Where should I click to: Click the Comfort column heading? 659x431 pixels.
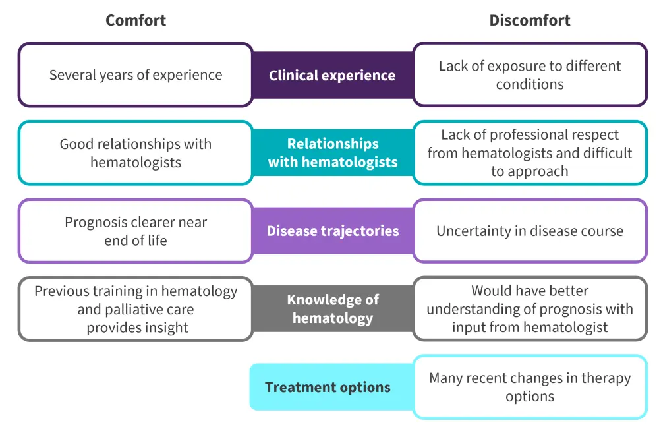coord(136,20)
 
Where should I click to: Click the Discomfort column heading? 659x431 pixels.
coord(530,20)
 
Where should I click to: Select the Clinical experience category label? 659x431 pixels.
coord(332,75)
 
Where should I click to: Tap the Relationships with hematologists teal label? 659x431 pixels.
coord(332,153)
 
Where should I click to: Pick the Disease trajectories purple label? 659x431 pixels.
coord(332,231)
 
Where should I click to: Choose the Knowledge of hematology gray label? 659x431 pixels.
coord(332,309)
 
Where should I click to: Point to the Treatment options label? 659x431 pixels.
coord(328,387)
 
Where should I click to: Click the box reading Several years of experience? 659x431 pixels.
coord(136,75)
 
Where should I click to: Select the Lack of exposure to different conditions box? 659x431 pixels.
coord(530,75)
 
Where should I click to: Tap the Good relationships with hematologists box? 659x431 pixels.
coord(136,153)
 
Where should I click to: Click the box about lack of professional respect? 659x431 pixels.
coord(530,153)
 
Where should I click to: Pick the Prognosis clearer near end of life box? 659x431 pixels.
coord(136,231)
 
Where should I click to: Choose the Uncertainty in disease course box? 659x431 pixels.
coord(530,231)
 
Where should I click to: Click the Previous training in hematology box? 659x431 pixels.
coord(136,309)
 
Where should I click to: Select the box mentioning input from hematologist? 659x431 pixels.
coord(530,309)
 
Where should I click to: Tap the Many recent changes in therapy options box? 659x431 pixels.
coord(530,387)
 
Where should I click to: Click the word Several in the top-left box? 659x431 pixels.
coord(71,75)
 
